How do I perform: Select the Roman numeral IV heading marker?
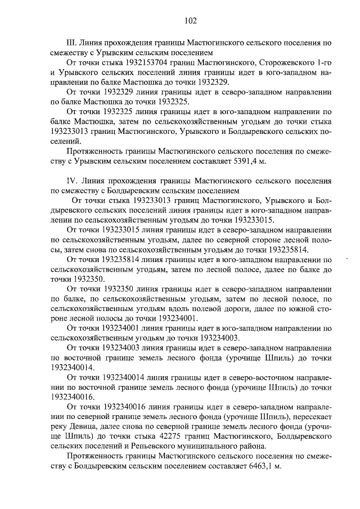coord(71,182)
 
